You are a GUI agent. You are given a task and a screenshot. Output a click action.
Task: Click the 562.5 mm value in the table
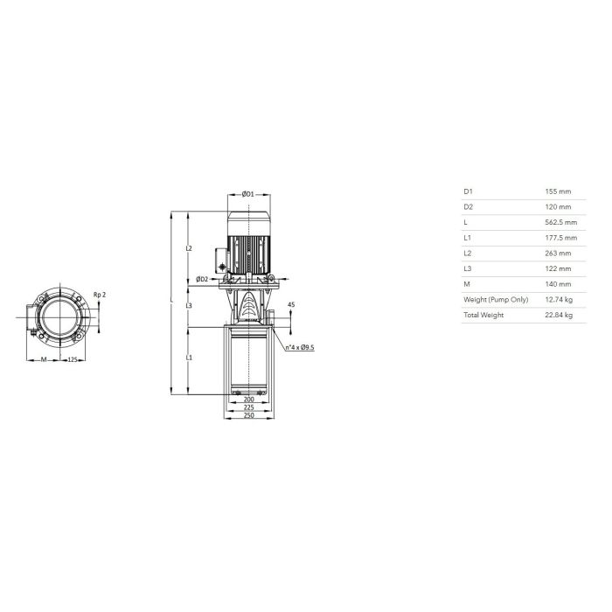(561, 222)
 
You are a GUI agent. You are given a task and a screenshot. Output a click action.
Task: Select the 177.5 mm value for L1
(561, 238)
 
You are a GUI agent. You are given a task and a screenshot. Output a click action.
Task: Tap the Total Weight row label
(483, 315)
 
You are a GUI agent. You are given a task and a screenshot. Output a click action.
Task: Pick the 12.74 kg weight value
(559, 299)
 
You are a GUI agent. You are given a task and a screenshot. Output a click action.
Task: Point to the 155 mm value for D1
(558, 191)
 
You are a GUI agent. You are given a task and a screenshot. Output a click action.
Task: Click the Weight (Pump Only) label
(496, 300)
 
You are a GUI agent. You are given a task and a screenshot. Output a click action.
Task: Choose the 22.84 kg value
(559, 315)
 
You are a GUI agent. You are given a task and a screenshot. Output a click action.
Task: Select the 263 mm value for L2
(558, 254)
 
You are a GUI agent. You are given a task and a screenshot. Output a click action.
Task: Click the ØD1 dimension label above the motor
(247, 194)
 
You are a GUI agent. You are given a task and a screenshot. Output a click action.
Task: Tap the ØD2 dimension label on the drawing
(202, 279)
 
